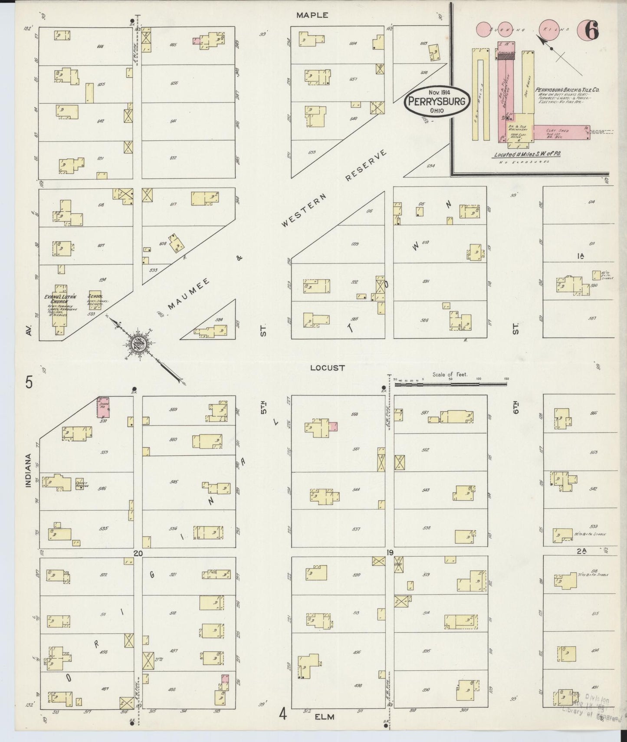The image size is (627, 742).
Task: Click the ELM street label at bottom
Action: [325, 717]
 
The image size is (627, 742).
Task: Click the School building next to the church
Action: [95, 300]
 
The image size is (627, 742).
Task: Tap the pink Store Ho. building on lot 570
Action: [103, 407]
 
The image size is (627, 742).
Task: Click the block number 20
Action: [138, 553]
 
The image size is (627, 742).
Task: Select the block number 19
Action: [390, 552]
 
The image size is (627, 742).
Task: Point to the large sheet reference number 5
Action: [29, 383]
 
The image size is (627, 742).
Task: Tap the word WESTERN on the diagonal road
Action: [303, 210]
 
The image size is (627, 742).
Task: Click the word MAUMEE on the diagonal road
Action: [189, 294]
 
